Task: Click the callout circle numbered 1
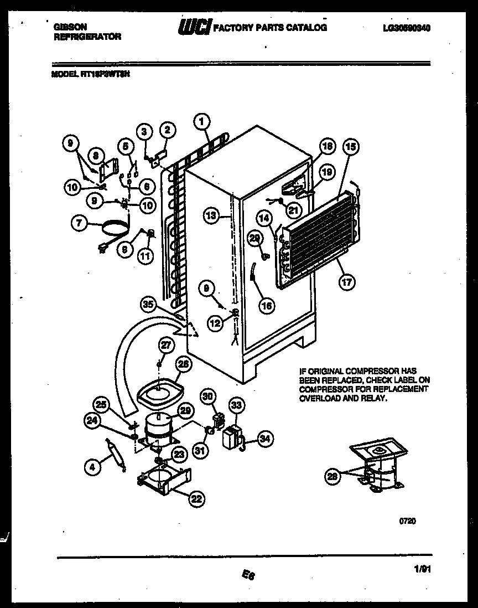(202, 120)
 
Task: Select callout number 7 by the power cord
(79, 224)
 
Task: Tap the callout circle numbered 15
(350, 147)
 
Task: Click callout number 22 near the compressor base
(196, 499)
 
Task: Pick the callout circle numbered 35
(147, 304)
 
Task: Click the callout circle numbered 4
(93, 467)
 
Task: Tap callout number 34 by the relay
(266, 439)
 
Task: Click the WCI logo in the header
(194, 27)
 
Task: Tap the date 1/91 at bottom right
(422, 568)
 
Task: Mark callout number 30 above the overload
(207, 396)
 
